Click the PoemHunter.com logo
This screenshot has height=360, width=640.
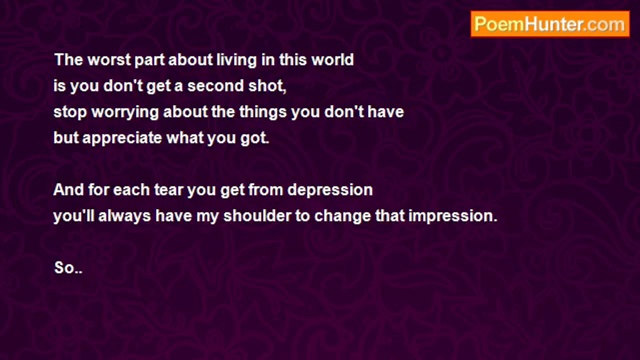pos(550,24)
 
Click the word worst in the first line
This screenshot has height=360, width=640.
pos(109,59)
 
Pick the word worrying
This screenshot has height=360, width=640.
pos(125,112)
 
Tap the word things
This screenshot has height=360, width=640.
pos(263,112)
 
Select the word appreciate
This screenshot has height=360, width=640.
pos(122,138)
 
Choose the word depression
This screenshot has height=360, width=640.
pos(330,190)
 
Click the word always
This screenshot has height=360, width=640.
pos(124,216)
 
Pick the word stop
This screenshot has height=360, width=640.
pos(70,112)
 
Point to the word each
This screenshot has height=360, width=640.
pos(131,189)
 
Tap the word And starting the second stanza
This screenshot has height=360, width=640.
pos(68,189)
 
